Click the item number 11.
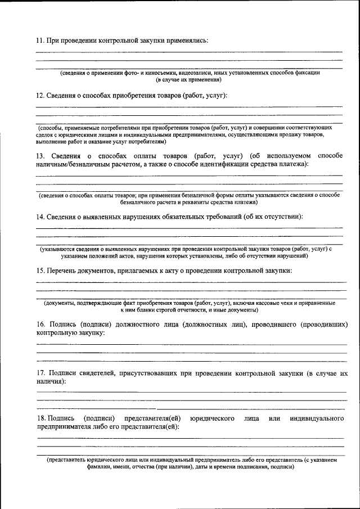click(40, 40)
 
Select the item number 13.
click(40, 155)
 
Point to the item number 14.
click(40, 217)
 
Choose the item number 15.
click(40, 271)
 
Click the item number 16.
click(40, 325)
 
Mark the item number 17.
click(40, 373)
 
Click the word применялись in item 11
click(188, 40)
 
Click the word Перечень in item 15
click(63, 271)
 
